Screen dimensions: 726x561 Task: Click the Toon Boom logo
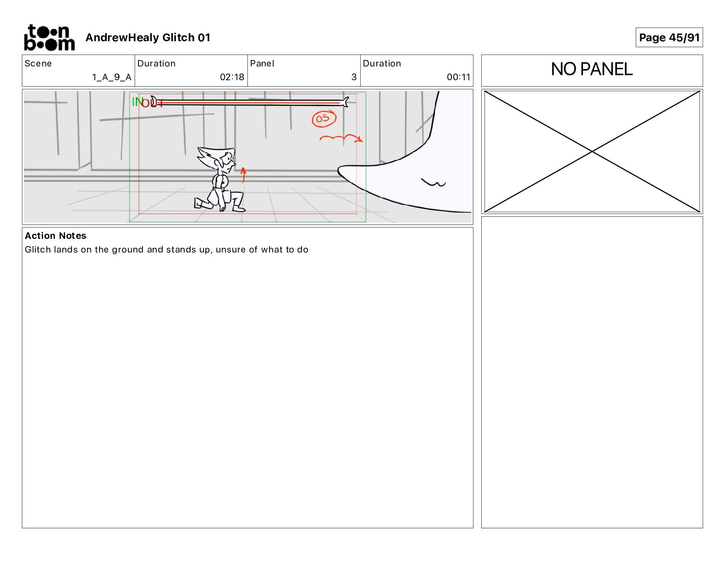(49, 38)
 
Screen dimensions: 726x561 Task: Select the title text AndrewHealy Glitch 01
(148, 38)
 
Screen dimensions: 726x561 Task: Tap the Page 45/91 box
(669, 38)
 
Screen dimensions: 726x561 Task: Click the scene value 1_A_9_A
(111, 77)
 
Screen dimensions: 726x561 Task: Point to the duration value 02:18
(232, 77)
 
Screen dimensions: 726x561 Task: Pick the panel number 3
(354, 77)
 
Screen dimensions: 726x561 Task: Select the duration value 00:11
(458, 77)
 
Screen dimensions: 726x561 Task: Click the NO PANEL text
(591, 69)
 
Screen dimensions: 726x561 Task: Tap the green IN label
(137, 102)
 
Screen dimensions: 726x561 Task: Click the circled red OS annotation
(324, 119)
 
